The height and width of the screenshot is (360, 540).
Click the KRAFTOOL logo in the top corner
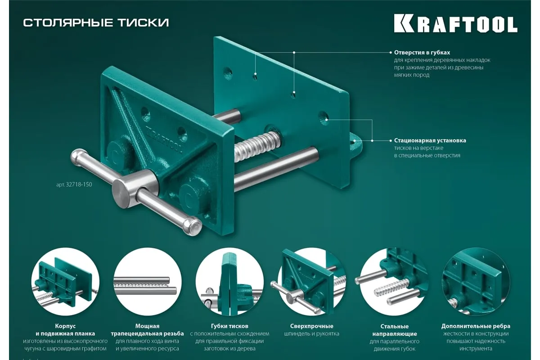click(455, 24)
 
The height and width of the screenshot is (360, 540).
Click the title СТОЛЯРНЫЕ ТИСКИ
click(96, 22)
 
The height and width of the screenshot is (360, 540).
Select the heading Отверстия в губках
click(422, 52)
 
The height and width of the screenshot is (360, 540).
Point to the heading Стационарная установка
click(430, 140)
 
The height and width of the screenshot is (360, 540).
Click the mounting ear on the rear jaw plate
click(355, 145)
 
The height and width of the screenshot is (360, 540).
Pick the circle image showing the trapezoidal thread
click(148, 282)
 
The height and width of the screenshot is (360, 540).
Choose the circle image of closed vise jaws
click(229, 282)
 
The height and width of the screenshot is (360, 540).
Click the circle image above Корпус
click(65, 282)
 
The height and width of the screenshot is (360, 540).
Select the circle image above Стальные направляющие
click(394, 282)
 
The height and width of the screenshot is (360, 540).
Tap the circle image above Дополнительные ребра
click(476, 282)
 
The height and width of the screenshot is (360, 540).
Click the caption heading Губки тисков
click(229, 326)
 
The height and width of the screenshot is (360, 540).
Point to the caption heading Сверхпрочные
click(312, 326)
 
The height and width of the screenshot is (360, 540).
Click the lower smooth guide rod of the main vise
click(276, 169)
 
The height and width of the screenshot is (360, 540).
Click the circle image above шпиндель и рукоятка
click(312, 282)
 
